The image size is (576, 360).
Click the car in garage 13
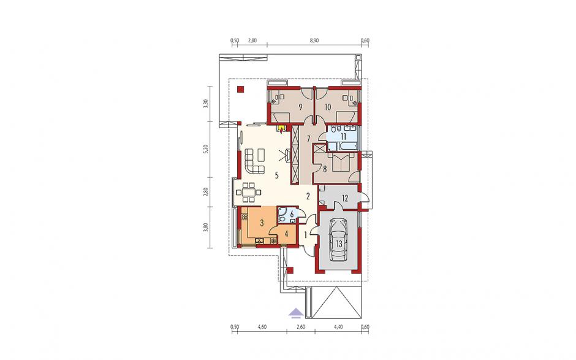(338, 239)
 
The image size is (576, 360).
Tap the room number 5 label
(277, 175)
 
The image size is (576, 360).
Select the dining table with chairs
(249, 192)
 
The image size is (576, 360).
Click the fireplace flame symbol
(282, 129)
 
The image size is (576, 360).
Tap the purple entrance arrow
(296, 313)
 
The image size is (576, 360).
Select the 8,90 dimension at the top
(314, 40)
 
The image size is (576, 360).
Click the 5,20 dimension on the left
(206, 149)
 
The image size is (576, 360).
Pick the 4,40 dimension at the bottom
(338, 326)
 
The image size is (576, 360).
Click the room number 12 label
(345, 199)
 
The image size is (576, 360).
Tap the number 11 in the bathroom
(344, 136)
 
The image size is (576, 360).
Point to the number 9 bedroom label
(301, 107)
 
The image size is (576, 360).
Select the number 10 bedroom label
(328, 107)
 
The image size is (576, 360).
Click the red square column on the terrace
(241, 89)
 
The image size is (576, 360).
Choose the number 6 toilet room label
(292, 213)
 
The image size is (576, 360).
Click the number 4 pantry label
(286, 233)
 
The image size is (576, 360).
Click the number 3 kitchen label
(262, 223)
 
